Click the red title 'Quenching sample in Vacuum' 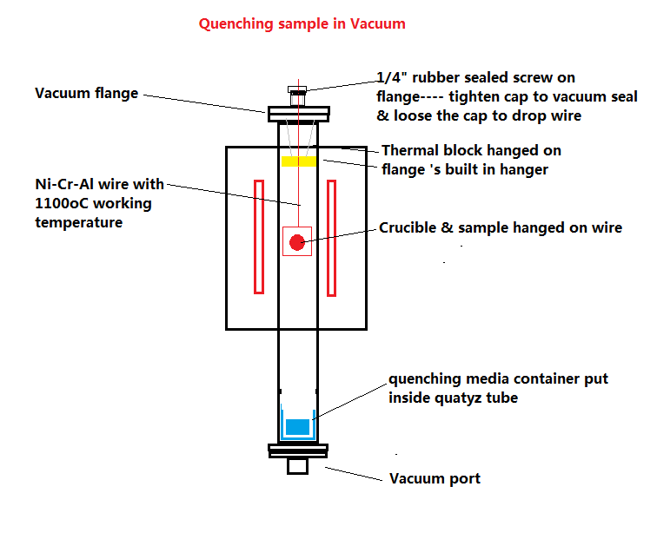click(302, 23)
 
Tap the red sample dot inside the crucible click(297, 242)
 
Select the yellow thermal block click(298, 161)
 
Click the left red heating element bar click(258, 235)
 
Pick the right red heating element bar click(331, 235)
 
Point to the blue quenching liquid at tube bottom click(297, 427)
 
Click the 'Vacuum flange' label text click(86, 93)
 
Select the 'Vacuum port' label click(435, 478)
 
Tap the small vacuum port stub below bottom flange click(298, 466)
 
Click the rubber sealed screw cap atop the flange click(297, 90)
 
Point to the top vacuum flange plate click(298, 112)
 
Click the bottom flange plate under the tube click(298, 450)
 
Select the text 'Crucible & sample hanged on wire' click(500, 228)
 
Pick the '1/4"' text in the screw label click(390, 77)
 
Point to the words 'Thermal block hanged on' click(471, 151)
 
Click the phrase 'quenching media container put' click(498, 379)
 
